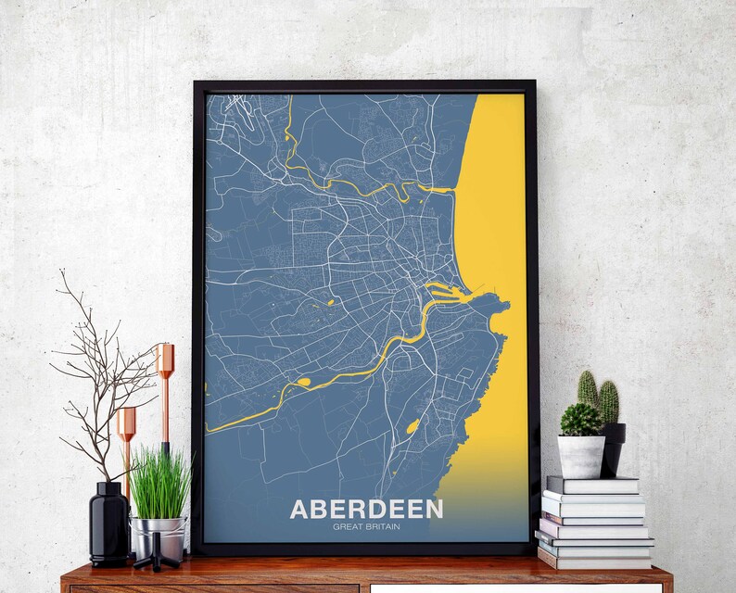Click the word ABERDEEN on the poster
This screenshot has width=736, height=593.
(366, 509)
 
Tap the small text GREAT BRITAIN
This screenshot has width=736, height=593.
(366, 528)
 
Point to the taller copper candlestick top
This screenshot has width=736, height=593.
(165, 360)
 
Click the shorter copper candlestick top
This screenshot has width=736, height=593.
(126, 423)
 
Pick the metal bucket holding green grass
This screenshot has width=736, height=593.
(159, 537)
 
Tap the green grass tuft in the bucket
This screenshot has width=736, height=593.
(159, 482)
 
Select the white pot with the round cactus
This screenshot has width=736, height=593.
(581, 456)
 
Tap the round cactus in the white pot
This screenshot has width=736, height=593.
(580, 420)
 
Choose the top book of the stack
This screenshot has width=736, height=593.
(592, 485)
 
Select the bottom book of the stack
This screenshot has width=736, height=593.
(594, 560)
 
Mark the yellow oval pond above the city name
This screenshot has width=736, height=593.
(412, 426)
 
